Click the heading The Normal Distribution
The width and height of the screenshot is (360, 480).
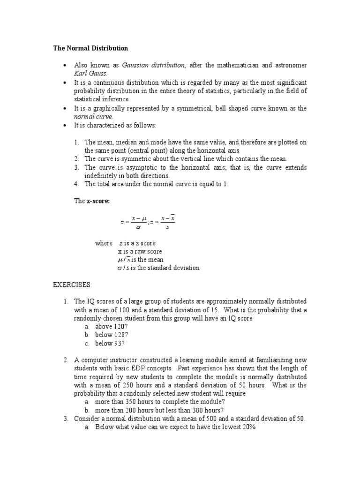90,48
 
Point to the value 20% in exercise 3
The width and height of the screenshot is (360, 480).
247,427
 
